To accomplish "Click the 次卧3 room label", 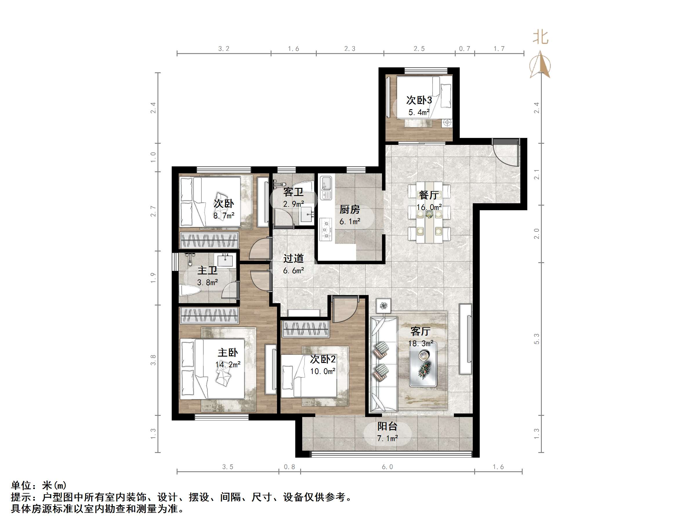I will point(419,100).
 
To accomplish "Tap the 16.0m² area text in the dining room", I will point(429,207).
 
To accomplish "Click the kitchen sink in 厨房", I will point(326,185).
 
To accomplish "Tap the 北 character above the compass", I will point(540,37).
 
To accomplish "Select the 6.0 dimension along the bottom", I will point(387,467).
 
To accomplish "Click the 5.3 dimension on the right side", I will point(536,339).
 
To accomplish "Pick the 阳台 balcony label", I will point(387,426).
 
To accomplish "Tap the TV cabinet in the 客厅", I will point(465,339).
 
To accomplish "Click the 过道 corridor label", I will point(293,258).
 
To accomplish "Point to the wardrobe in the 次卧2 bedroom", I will point(305,329).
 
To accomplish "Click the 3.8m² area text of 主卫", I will point(207,282).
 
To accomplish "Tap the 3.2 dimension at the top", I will point(224,48).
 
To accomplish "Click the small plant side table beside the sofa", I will point(384,305).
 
